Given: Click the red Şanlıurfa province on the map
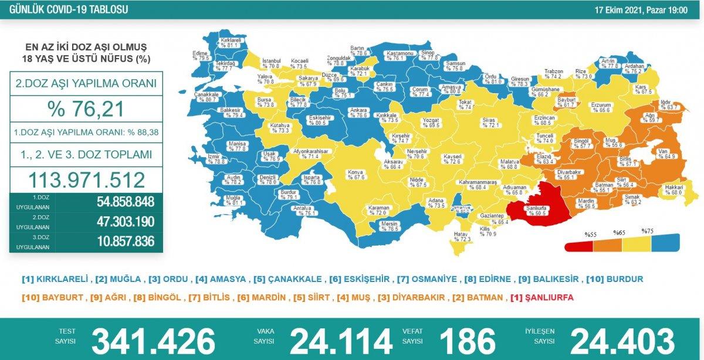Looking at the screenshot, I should [x=534, y=205].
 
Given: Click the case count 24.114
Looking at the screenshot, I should [x=341, y=341].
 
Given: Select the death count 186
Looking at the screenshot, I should [x=468, y=341].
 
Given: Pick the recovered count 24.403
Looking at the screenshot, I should [x=622, y=341].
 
